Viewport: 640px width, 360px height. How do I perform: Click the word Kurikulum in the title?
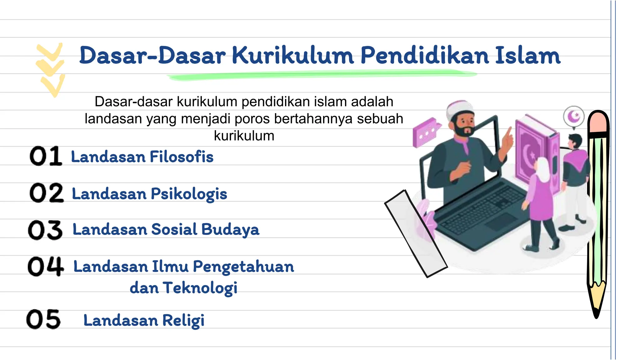tap(293, 56)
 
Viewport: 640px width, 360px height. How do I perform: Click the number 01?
tap(46, 156)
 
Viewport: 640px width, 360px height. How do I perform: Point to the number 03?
tap(45, 230)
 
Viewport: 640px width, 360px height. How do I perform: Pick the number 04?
tap(46, 266)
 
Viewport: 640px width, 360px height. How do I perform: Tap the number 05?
tap(43, 319)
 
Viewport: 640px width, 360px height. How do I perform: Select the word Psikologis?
tap(189, 194)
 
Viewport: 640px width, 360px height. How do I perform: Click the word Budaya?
tap(230, 230)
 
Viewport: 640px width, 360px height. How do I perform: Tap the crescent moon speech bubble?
tap(574, 117)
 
